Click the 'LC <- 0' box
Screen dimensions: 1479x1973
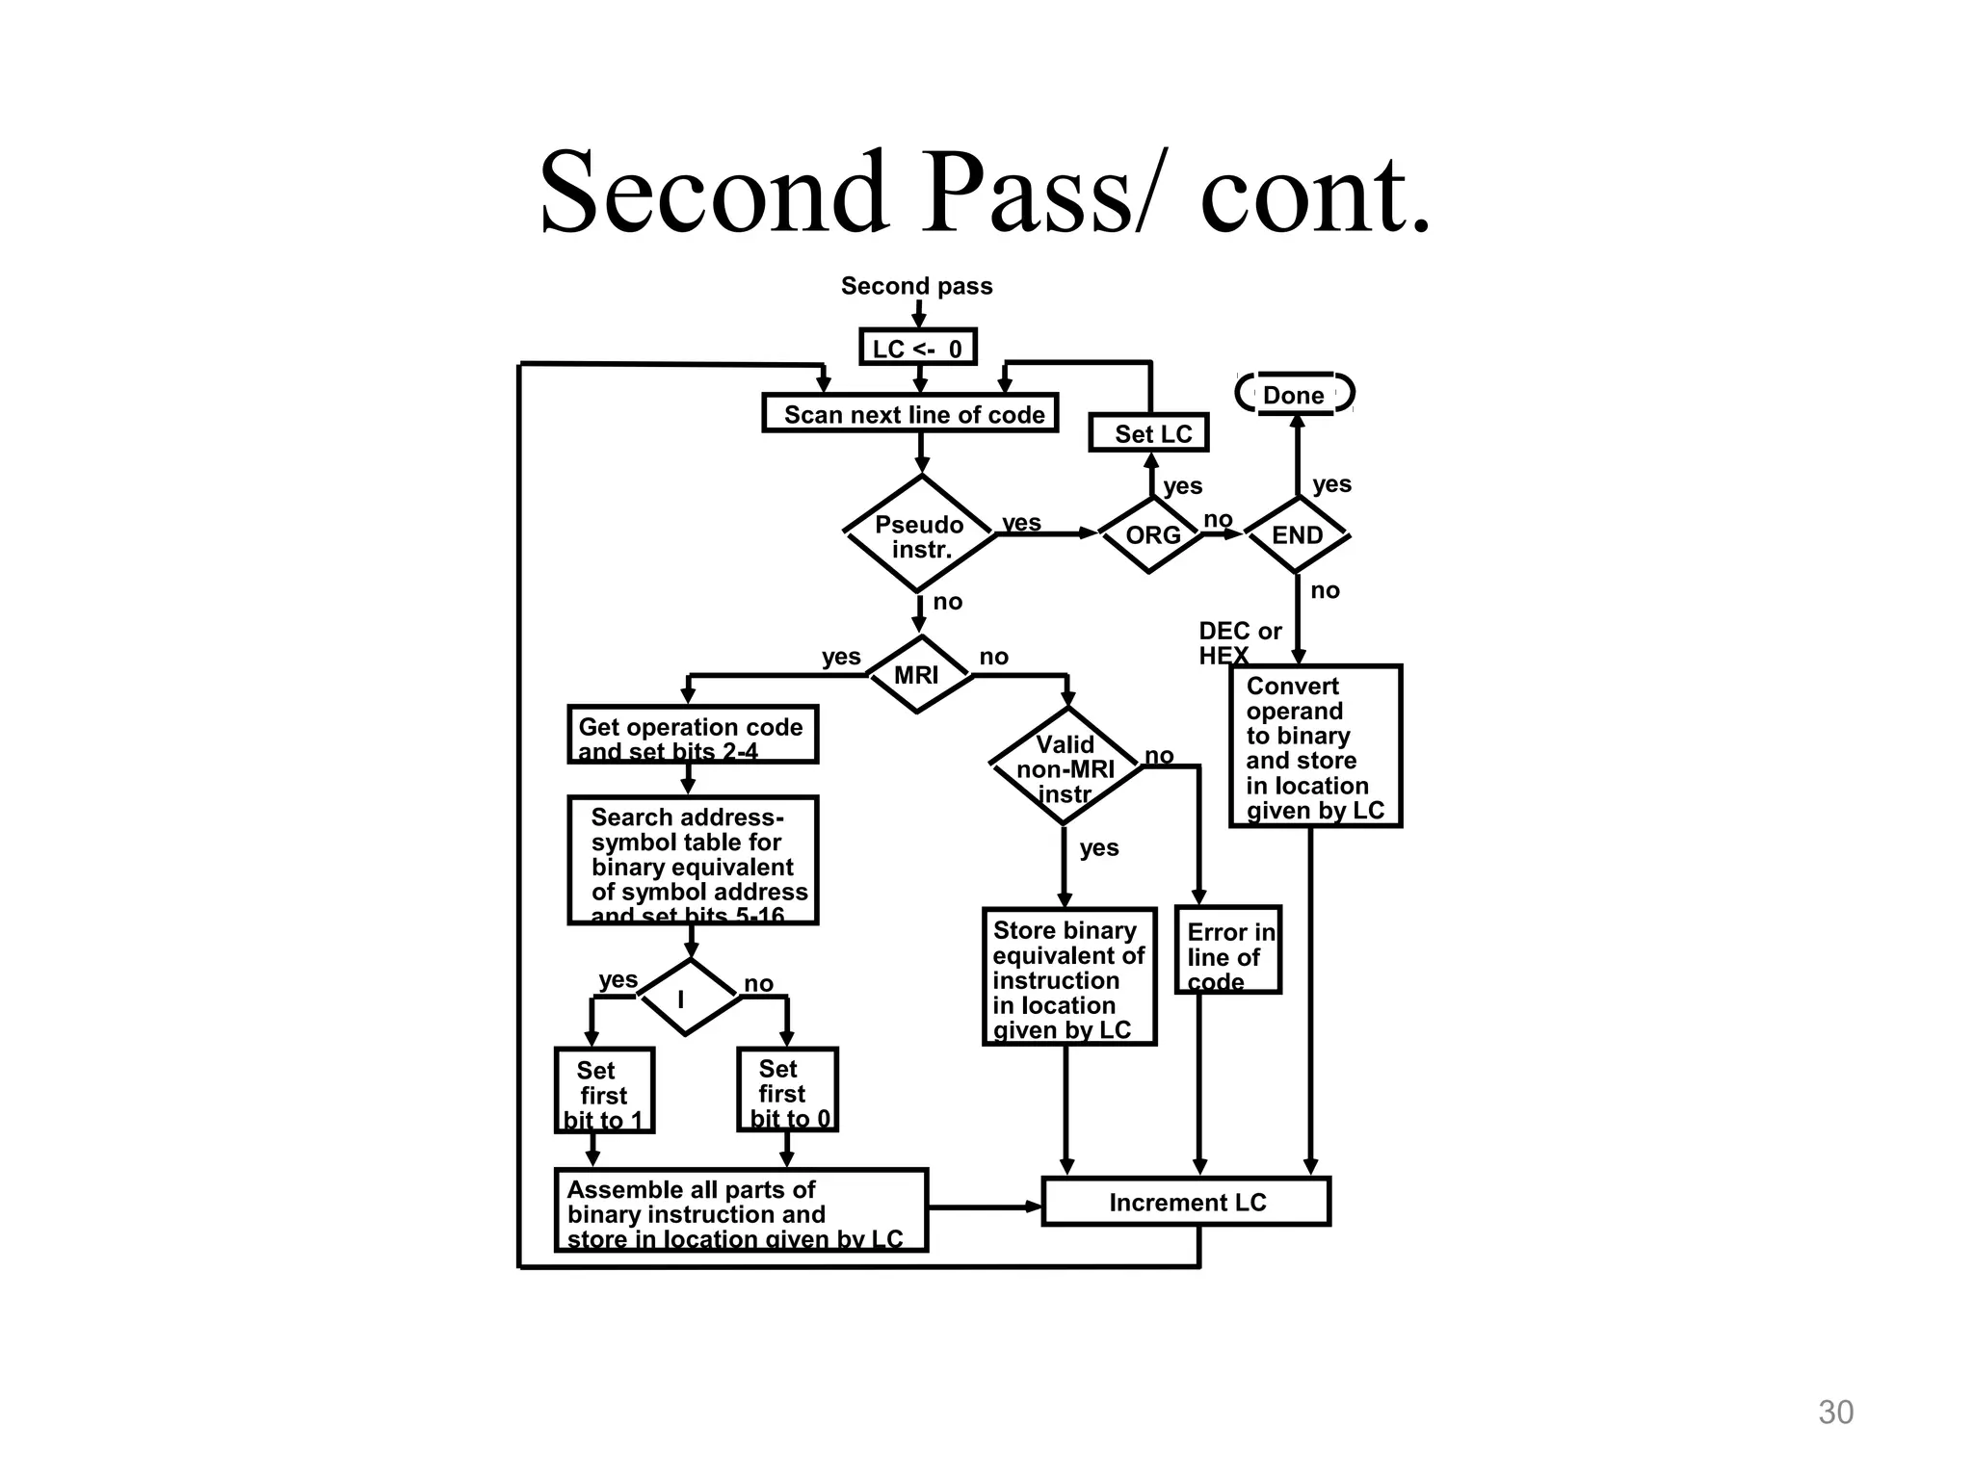point(917,348)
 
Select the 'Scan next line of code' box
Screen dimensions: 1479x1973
point(910,413)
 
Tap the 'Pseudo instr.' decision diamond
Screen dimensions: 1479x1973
point(920,534)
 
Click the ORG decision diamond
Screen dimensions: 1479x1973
point(1151,534)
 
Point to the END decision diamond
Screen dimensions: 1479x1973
point(1297,534)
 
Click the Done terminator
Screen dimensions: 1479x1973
point(1294,394)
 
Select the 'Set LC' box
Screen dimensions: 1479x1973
point(1148,432)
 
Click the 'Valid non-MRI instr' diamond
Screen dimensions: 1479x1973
point(1065,767)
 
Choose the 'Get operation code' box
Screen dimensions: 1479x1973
point(692,735)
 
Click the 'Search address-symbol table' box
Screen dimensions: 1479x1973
point(692,860)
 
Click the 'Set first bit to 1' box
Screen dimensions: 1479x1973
point(604,1090)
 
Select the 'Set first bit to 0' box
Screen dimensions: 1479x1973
point(787,1089)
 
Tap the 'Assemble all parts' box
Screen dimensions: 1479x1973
point(740,1210)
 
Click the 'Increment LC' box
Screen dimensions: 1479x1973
point(1186,1202)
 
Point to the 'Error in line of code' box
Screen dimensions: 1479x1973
point(1227,950)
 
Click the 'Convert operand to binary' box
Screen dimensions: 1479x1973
point(1314,746)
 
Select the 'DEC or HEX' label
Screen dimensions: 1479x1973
point(1238,642)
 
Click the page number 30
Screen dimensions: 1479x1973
point(1834,1412)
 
